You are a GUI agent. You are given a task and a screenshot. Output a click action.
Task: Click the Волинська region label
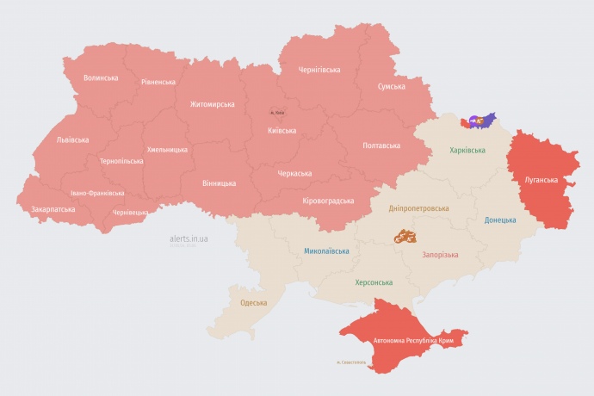pyautogui.click(x=101, y=78)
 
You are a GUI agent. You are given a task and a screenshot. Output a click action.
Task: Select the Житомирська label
pyautogui.click(x=212, y=104)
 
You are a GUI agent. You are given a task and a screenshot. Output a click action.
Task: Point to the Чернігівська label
pyautogui.click(x=319, y=70)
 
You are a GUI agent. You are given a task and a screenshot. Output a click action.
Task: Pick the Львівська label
pyautogui.click(x=72, y=139)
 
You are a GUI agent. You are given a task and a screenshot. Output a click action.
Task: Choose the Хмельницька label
pyautogui.click(x=167, y=150)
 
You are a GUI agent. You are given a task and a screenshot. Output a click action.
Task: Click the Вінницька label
pyautogui.click(x=219, y=183)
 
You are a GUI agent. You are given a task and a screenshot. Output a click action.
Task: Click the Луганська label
pyautogui.click(x=541, y=180)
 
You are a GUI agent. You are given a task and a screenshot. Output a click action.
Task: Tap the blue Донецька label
pyautogui.click(x=500, y=220)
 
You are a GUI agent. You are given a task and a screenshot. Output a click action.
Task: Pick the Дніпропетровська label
pyautogui.click(x=418, y=208)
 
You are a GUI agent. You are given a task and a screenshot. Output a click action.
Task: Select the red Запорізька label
pyautogui.click(x=440, y=255)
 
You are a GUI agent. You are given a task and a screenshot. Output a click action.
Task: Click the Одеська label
pyautogui.click(x=253, y=303)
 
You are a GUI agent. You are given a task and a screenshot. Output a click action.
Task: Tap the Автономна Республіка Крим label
pyautogui.click(x=412, y=341)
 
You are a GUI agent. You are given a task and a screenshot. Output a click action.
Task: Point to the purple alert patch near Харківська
pyautogui.click(x=479, y=121)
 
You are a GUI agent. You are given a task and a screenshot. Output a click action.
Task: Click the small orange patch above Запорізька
pyautogui.click(x=406, y=235)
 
